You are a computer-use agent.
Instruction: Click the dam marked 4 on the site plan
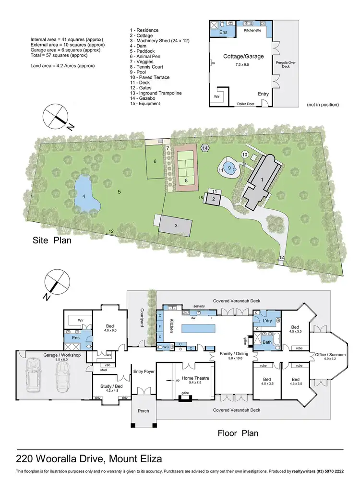(87, 194)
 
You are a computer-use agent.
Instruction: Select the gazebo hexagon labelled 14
(205, 149)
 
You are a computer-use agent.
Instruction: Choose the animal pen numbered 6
(155, 161)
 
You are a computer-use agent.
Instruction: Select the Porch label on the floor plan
(144, 411)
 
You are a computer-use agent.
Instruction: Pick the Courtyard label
(143, 317)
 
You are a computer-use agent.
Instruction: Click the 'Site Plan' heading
(52, 240)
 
